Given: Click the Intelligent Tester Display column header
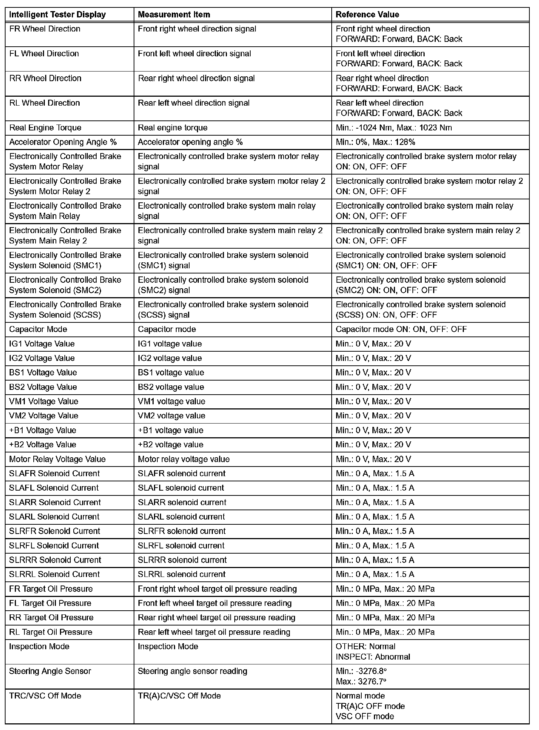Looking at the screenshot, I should (57, 15).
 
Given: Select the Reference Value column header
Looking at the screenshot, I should (367, 15).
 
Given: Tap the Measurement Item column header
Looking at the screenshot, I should (174, 15).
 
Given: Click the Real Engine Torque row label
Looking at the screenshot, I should (45, 128).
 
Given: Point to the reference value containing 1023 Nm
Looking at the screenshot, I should (394, 128).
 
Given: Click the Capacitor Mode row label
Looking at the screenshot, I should (38, 329).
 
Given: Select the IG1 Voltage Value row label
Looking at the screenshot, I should (42, 344).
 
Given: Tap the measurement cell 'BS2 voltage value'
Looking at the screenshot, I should (171, 387).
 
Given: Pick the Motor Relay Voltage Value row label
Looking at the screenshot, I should (57, 459).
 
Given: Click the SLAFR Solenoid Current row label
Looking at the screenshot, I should (54, 474).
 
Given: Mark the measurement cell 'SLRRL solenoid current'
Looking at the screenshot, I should (181, 574).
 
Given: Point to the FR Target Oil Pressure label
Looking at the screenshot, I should (51, 589).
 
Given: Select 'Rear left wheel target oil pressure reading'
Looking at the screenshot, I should (214, 632).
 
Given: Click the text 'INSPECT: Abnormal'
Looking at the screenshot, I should (373, 657).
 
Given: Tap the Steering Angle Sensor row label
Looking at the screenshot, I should (50, 671).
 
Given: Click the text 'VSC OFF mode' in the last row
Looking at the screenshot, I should (365, 716).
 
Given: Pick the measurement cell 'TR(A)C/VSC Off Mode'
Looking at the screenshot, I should (179, 696).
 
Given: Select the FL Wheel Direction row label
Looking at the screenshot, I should (44, 54).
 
